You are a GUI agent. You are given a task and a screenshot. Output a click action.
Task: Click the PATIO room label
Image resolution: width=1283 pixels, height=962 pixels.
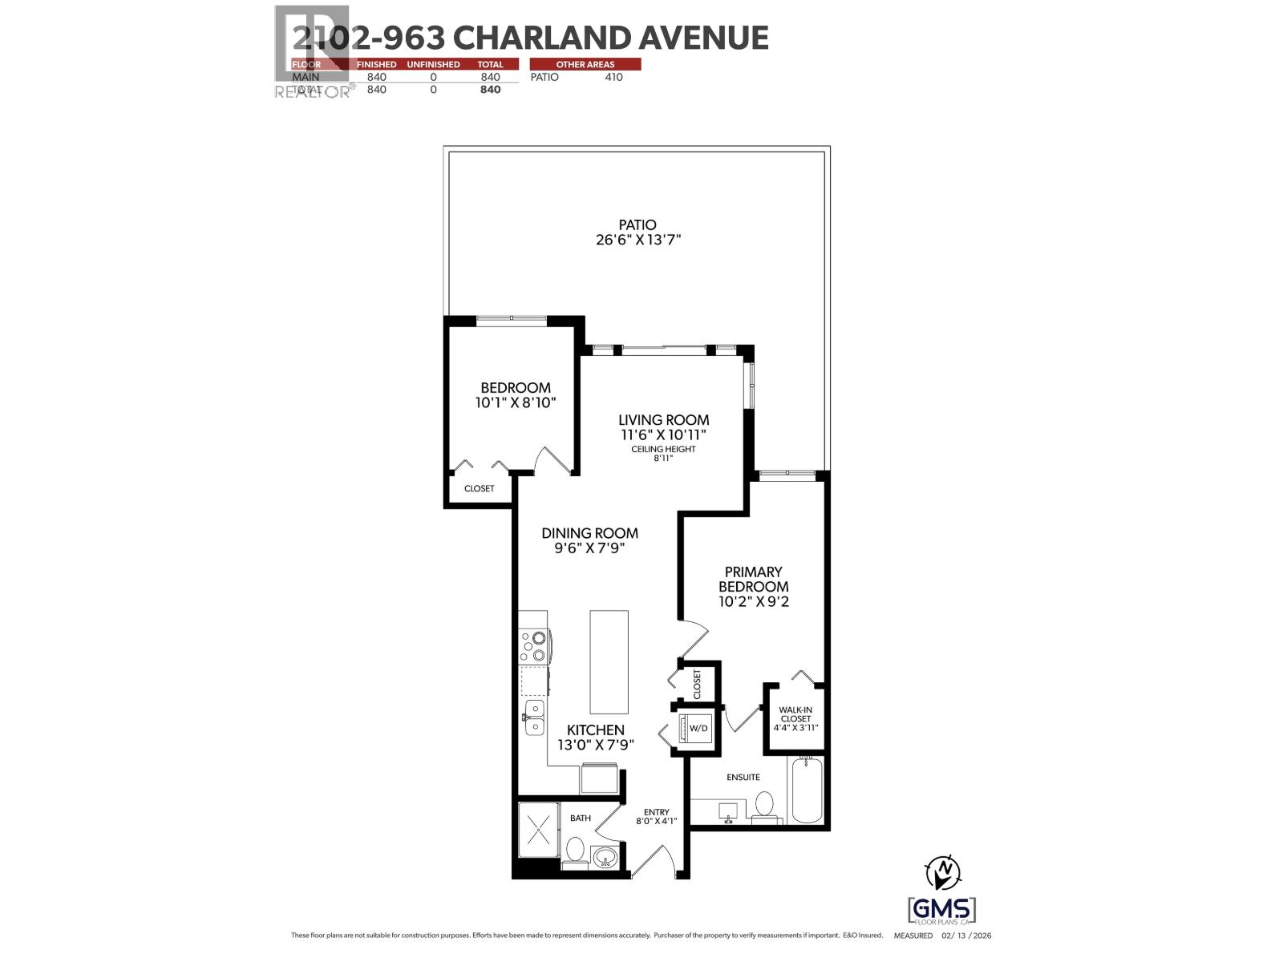pos(637,225)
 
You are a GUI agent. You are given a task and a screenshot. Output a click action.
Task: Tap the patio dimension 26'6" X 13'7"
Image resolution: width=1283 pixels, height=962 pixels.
pos(637,240)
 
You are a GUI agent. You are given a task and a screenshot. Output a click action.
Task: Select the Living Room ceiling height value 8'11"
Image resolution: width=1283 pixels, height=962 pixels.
pos(663,459)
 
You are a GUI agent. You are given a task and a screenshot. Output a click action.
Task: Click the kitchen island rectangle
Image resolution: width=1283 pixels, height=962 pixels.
pos(609,662)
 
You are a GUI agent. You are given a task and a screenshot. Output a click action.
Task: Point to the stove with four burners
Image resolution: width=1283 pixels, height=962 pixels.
pos(534,646)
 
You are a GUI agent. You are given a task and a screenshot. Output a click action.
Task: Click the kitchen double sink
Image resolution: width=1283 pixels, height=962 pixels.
pos(534,717)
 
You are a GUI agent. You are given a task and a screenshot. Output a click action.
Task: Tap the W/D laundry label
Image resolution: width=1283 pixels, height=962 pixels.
pos(698,728)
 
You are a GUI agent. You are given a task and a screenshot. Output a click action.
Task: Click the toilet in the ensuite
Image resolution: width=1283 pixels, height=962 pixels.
pos(764,804)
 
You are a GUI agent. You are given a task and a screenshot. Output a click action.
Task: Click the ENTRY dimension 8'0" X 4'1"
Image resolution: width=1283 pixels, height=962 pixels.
pos(656,821)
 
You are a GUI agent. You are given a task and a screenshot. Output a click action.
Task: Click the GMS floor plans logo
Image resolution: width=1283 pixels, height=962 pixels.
pos(942,910)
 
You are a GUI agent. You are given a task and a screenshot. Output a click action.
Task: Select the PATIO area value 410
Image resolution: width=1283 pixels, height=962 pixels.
pos(613,77)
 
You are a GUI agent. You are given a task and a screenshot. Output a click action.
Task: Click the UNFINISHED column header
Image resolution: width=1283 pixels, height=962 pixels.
pos(433,64)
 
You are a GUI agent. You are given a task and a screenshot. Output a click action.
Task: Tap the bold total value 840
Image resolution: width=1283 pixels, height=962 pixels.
pos(490,90)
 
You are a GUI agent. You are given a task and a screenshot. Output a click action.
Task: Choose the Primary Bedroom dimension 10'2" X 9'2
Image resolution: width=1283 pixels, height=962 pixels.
pos(753,601)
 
